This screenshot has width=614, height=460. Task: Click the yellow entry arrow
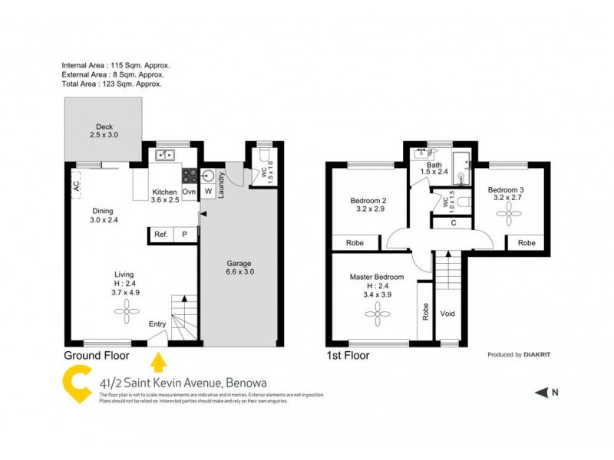159,358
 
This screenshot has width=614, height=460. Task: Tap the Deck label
104,127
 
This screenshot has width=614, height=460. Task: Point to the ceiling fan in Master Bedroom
378,310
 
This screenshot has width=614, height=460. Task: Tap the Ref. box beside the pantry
160,235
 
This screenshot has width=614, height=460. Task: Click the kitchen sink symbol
165,156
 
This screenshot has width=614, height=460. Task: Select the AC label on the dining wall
76,186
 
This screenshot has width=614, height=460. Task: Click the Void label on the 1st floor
447,314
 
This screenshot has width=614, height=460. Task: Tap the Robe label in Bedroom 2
355,242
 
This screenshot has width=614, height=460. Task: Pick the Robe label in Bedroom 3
526,242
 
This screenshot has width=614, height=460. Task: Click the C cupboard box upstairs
454,223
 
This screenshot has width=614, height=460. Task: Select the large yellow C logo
78,386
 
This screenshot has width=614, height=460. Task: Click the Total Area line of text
112,84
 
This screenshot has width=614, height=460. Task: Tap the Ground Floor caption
95,356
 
